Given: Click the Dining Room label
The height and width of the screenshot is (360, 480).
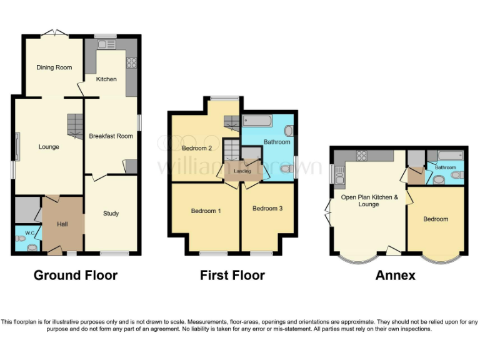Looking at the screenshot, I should [54, 67].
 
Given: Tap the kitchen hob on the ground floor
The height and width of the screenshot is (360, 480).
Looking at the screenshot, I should [131, 62].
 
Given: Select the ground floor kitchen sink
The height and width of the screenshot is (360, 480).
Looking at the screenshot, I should [107, 44].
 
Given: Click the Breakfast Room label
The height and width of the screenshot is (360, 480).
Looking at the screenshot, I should [111, 136].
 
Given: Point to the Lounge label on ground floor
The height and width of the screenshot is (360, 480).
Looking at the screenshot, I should [49, 147].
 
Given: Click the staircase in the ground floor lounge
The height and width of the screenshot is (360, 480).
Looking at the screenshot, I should [75, 126].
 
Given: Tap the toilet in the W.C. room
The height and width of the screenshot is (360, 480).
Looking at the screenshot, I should [32, 246].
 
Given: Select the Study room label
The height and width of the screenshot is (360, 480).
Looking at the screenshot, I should [111, 214].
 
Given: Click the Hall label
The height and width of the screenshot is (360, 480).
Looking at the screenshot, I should [61, 224].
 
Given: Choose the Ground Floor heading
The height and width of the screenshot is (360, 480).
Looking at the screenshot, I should [75, 276].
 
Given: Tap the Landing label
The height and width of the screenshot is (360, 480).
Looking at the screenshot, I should [242, 171].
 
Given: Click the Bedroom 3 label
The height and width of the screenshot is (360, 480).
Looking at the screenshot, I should [267, 208].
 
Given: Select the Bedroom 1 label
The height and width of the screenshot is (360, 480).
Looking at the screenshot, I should [206, 211].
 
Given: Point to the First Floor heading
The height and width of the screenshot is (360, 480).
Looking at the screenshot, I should [232, 276].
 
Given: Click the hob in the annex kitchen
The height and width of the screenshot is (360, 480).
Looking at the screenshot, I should [361, 155].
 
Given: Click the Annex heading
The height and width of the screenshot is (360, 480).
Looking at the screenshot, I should [395, 276].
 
